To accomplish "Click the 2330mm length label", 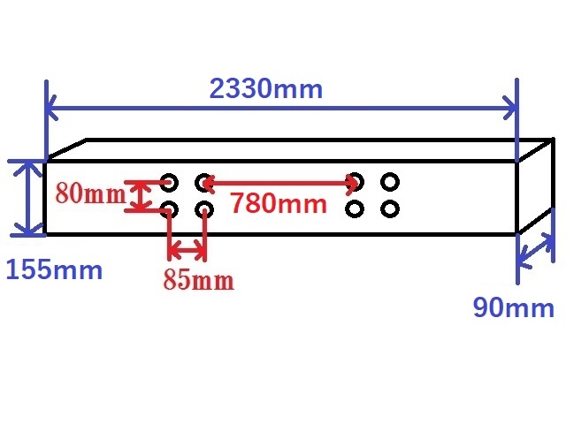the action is point(265,88).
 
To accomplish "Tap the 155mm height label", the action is point(55,269).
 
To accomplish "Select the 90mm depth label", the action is point(513,307).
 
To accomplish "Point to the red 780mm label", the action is point(279,203).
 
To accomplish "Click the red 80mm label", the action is point(91,193).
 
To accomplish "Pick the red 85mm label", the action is point(198,279).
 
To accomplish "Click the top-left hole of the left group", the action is point(169,183).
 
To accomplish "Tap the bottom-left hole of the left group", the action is point(169,210).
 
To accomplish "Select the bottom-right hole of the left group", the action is point(204,210).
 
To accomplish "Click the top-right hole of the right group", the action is point(390,182).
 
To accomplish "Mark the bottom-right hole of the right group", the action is point(390,209).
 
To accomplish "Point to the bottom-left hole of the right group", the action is point(355,209).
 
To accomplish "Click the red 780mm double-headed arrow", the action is point(280,184).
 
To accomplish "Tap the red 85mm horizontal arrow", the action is point(187,249).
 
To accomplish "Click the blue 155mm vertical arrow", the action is point(28,198).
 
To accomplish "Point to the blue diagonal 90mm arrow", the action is point(536,251).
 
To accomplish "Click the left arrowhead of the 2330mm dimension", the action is point(51,108).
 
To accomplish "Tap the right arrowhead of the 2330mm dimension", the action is point(510,108).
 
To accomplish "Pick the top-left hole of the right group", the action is point(355,182).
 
